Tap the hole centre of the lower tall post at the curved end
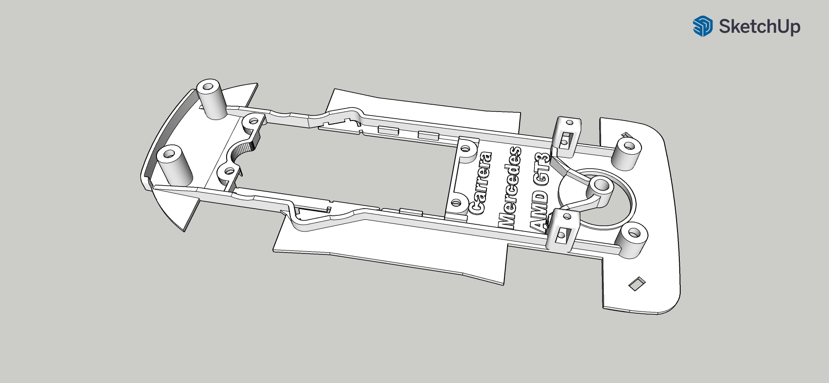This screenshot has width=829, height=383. (x=170, y=154)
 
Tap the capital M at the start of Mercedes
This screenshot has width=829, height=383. (x=507, y=220)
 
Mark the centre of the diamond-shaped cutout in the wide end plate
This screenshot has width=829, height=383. (x=637, y=283)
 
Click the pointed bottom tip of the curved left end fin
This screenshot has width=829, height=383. (x=185, y=231)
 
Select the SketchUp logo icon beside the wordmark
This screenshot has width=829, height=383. (x=702, y=26)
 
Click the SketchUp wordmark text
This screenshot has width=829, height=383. (x=759, y=27)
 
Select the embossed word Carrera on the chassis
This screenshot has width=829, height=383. (x=480, y=183)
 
